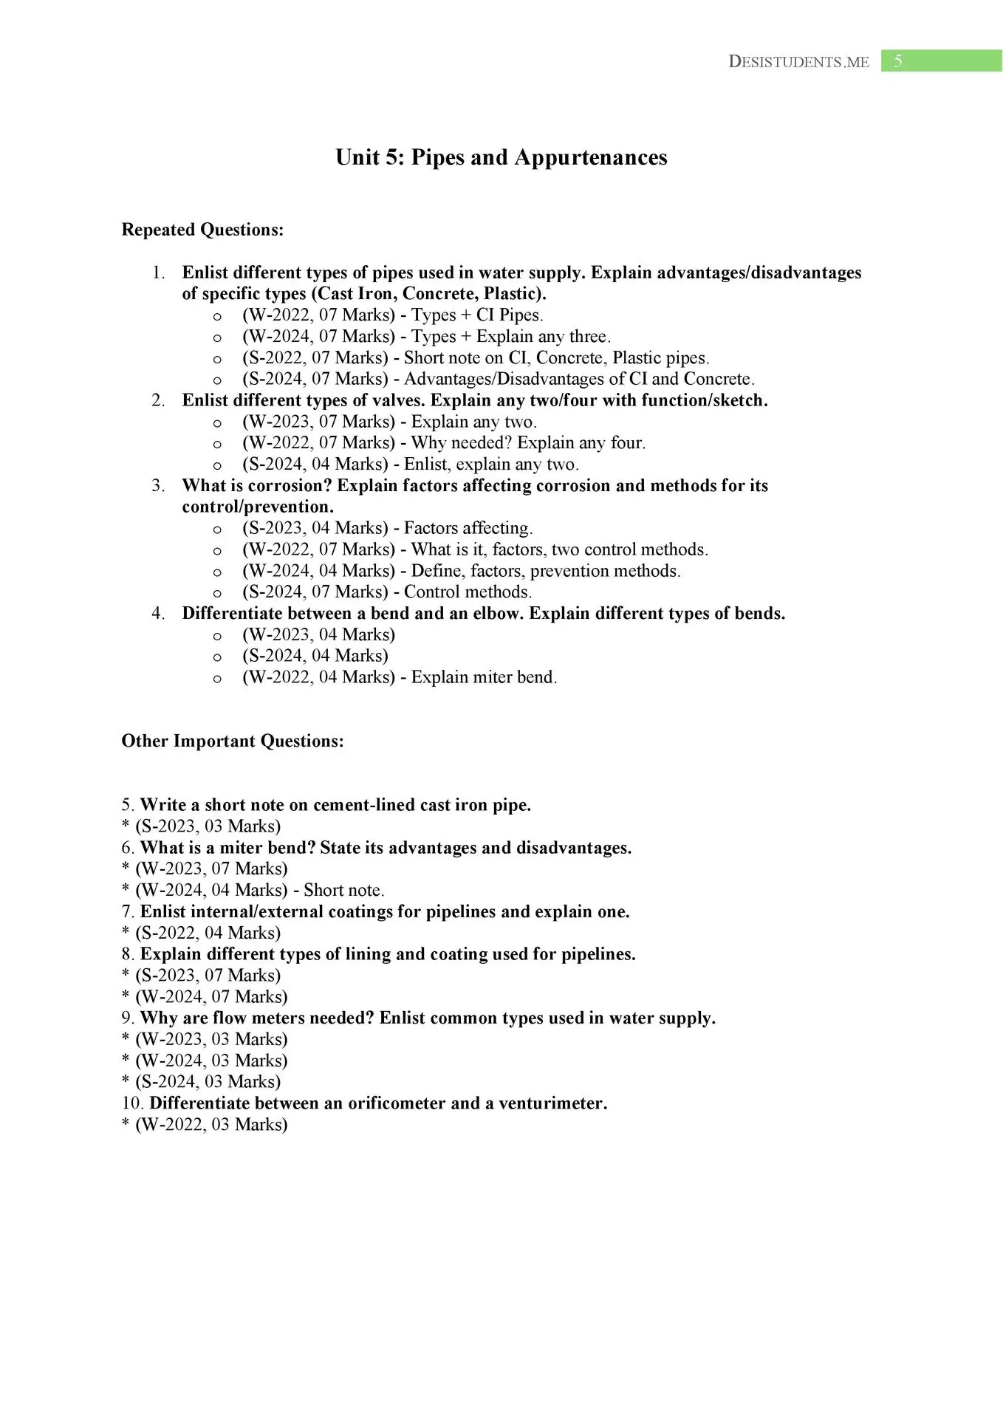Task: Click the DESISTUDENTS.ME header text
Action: point(798,62)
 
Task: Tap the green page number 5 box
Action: point(940,61)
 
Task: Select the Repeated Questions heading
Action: point(202,230)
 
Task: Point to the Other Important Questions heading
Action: point(233,741)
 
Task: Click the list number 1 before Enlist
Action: point(158,273)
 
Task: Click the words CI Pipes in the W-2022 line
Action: point(509,316)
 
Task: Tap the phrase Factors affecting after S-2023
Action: point(468,529)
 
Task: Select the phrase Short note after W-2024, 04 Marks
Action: point(343,891)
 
